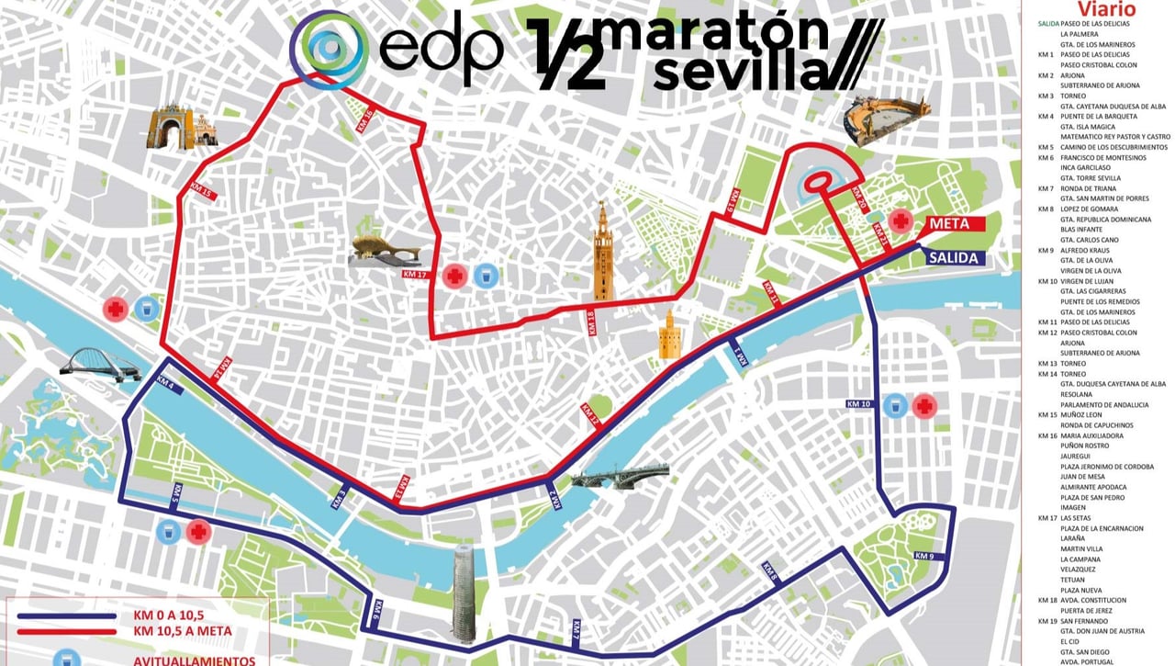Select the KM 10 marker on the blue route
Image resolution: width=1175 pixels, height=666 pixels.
click(x=858, y=403)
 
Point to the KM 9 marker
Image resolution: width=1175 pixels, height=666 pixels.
click(x=924, y=556)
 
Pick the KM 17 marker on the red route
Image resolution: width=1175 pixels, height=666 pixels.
click(x=415, y=273)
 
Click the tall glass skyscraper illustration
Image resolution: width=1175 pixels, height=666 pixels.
click(x=464, y=593)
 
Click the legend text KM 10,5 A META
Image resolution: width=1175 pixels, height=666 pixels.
click(x=182, y=631)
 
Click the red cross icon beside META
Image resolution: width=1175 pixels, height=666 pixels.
click(x=901, y=220)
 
